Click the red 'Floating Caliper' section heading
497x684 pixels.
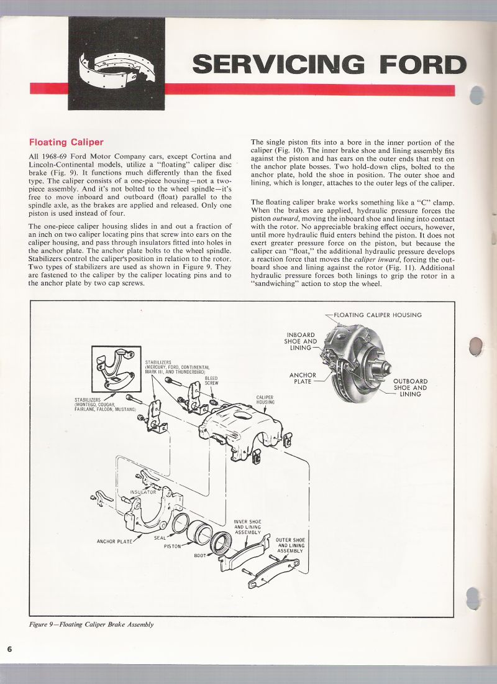tap(66, 142)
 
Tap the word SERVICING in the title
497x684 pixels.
tap(278, 65)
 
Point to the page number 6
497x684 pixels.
tap(10, 649)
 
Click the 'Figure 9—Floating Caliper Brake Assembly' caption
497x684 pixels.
tap(91, 624)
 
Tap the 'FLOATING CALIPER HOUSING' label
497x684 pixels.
tap(377, 315)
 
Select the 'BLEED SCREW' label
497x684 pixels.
tap(212, 381)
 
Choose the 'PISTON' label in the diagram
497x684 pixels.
tap(172, 546)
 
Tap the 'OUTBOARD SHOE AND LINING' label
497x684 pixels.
tap(410, 387)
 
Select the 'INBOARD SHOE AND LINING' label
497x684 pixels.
tap(301, 341)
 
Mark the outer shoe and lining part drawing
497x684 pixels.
tap(274, 572)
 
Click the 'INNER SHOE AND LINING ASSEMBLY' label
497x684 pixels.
tap(247, 527)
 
